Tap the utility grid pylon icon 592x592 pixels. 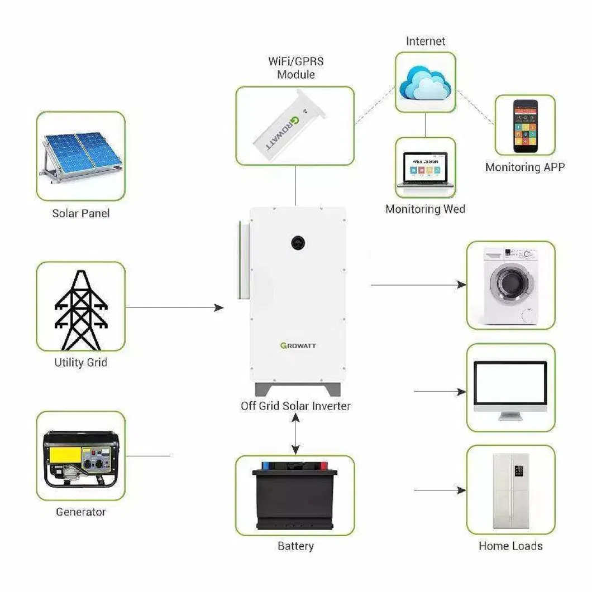(81, 307)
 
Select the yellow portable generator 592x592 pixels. (80, 458)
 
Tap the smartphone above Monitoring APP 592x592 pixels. (525, 127)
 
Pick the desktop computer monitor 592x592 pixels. (510, 386)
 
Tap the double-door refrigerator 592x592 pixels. (510, 490)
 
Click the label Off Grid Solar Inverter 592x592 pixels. (295, 406)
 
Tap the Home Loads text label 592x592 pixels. (510, 546)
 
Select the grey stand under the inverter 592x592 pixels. (298, 389)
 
